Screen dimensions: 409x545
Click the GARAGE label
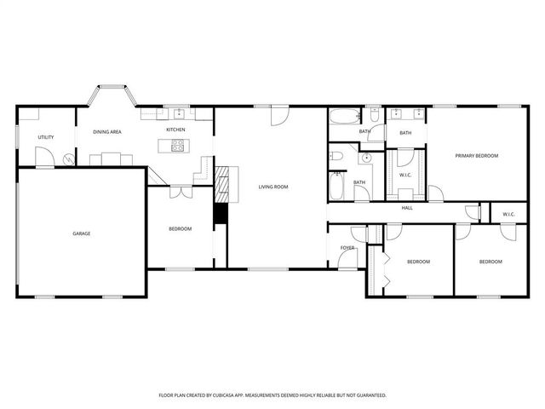81,233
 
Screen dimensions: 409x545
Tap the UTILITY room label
46,137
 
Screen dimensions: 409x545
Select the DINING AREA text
107,132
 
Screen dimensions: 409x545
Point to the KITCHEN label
176,130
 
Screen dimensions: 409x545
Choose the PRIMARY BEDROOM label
476,156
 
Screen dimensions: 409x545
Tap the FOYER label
347,248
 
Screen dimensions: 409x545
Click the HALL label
407,208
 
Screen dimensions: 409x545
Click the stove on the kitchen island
178,146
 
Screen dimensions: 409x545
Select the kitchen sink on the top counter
179,113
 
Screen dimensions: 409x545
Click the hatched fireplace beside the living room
221,182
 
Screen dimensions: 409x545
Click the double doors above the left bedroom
180,193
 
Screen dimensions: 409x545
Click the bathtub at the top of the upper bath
347,118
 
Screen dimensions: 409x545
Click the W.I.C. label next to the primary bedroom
406,176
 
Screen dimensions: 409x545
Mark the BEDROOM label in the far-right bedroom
490,262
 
